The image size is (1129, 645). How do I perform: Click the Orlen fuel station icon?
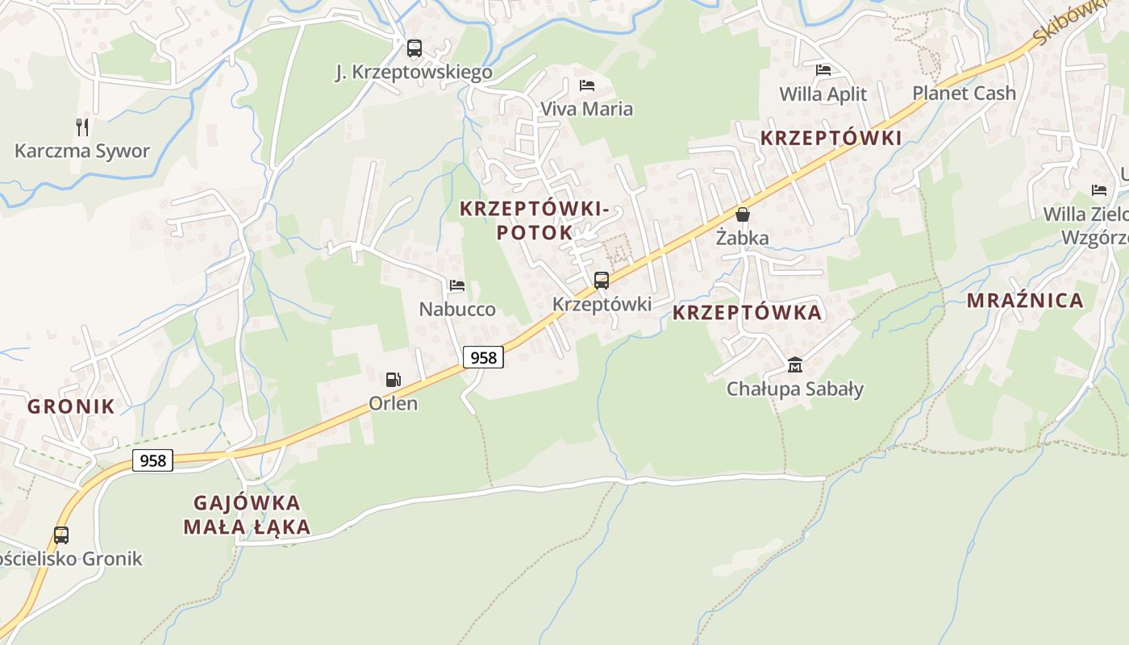[x=393, y=379]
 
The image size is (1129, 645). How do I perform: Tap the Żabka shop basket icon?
[x=743, y=214]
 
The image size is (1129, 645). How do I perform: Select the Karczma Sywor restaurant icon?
[x=81, y=127]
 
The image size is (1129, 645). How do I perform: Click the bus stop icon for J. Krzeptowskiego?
[x=414, y=48]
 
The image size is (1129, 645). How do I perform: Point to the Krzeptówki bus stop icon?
[x=602, y=281]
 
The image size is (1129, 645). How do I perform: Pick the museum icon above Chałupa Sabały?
[x=795, y=364]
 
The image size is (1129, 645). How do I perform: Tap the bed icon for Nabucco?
[x=457, y=285]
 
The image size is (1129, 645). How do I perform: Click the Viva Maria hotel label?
[x=586, y=109]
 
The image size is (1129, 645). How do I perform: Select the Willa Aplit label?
[x=823, y=94]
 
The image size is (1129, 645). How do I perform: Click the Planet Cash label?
[x=964, y=94]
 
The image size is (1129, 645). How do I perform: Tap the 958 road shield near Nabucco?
[x=483, y=357]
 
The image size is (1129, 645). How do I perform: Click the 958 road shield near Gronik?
[x=152, y=460]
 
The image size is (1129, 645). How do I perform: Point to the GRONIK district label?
[x=71, y=406]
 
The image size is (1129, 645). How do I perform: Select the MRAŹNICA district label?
[x=1025, y=301]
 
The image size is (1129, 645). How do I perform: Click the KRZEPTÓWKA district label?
[x=747, y=313]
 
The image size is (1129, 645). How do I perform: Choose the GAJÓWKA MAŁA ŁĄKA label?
[x=247, y=515]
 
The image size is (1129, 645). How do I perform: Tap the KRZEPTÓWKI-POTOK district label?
[x=533, y=220]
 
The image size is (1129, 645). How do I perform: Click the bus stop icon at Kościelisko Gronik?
[x=61, y=535]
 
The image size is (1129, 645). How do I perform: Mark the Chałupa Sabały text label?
[x=795, y=389]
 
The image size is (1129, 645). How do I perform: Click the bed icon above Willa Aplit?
[x=823, y=70]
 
